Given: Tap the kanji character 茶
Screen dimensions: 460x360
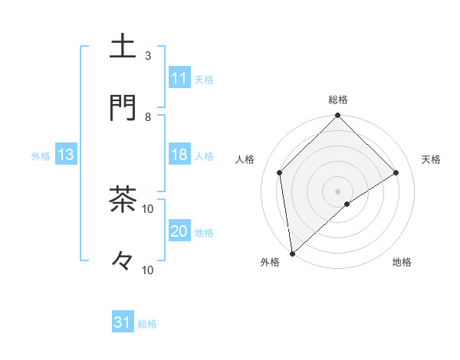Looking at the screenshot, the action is coord(123,199).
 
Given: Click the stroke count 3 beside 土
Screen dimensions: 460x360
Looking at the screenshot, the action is coord(148,55).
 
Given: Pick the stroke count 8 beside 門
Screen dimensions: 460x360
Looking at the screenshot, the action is coord(148,116).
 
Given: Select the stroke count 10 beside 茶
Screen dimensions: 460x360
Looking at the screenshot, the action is coord(148,208).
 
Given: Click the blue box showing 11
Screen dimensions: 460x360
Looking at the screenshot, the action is coord(179,78).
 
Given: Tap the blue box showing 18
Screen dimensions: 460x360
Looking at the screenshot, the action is coord(179,155).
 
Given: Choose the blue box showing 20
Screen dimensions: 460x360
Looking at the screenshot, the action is coord(179,231).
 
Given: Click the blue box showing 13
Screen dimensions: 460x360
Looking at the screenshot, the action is coord(66,155).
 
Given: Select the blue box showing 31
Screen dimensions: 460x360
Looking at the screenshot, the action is coord(123,322).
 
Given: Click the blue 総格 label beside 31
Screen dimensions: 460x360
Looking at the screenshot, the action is coord(147,324).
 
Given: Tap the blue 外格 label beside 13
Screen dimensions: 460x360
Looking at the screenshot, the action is coord(41,156).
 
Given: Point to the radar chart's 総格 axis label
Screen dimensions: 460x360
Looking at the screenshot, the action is coord(338,100).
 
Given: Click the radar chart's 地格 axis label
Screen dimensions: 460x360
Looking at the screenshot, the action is coord(402,263).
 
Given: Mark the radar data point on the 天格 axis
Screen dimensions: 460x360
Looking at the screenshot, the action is coord(396,172).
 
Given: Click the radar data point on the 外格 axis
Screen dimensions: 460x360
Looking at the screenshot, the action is coord(292,254).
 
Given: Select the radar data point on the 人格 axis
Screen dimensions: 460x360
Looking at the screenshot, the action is coord(280,172).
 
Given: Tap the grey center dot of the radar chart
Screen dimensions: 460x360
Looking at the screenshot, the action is coord(338,191).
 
